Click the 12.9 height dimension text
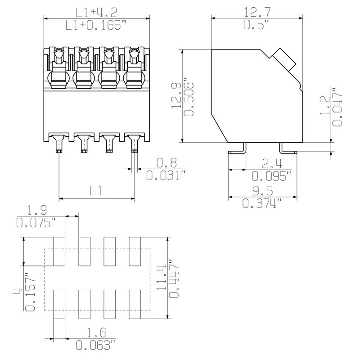point(177,96)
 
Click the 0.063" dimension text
point(96,346)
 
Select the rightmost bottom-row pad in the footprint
point(135,304)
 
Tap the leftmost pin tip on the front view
point(59,151)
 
